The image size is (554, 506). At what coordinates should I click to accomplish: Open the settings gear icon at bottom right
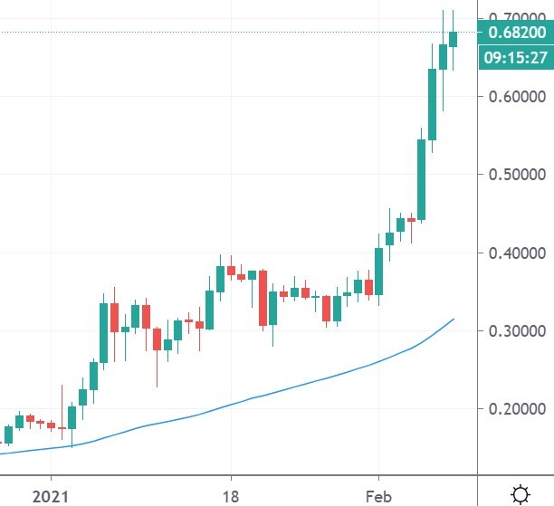pos(521,493)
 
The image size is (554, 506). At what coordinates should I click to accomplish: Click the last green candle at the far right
pos(454,39)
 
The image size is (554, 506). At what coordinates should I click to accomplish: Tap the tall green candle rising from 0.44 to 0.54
pos(422,179)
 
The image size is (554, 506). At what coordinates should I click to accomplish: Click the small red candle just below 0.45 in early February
pos(411,219)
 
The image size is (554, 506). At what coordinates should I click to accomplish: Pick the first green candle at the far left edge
pos(8,434)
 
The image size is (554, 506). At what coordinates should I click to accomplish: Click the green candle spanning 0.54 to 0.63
pos(433,104)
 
